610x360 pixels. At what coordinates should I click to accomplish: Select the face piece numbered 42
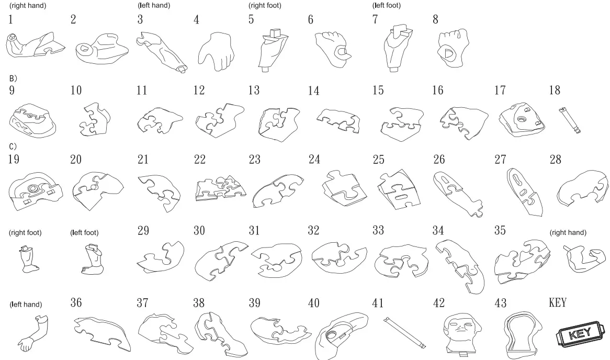tap(459, 333)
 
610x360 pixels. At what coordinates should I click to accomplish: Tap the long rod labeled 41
tap(403, 332)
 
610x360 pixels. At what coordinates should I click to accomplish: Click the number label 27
tap(500, 159)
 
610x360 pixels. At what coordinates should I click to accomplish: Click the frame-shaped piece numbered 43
tap(518, 333)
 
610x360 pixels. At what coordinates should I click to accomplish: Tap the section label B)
tap(13, 78)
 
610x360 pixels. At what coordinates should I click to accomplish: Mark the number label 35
tap(500, 230)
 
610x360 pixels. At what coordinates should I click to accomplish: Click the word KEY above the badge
tap(558, 302)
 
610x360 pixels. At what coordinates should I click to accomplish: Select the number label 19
tap(14, 159)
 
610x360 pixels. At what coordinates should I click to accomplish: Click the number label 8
tap(435, 20)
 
